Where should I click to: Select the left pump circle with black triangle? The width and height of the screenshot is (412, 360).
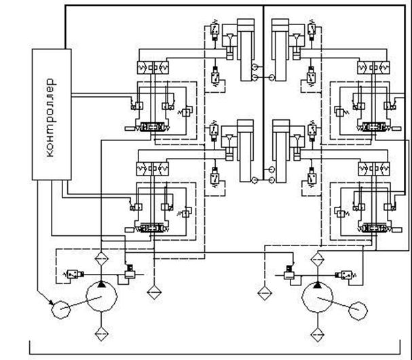(102, 298)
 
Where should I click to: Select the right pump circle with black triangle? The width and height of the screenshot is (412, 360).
(317, 298)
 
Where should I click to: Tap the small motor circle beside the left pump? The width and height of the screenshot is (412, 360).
(60, 309)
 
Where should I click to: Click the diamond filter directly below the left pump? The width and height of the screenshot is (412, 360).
(102, 334)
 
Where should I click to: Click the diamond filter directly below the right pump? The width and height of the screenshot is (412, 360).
(317, 334)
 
